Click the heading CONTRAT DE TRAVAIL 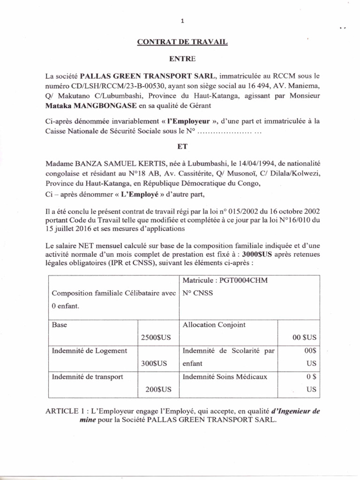click(182, 42)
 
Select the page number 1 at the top click(183, 21)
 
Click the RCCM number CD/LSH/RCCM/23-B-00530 click(110, 85)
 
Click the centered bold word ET click(182, 146)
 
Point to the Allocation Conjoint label click(214, 324)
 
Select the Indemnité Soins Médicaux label click(225, 376)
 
